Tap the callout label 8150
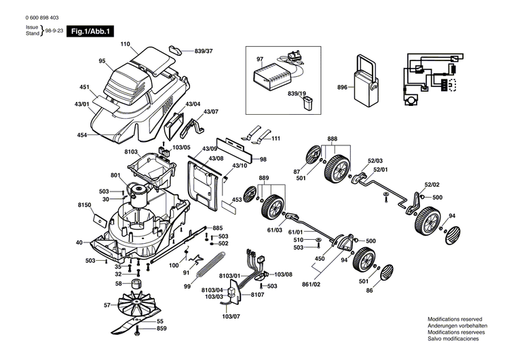point(84,204)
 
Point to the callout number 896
point(342,88)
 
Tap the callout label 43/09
point(210,149)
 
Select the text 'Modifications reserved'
point(454,319)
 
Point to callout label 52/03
point(375,160)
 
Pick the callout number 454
point(82,136)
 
